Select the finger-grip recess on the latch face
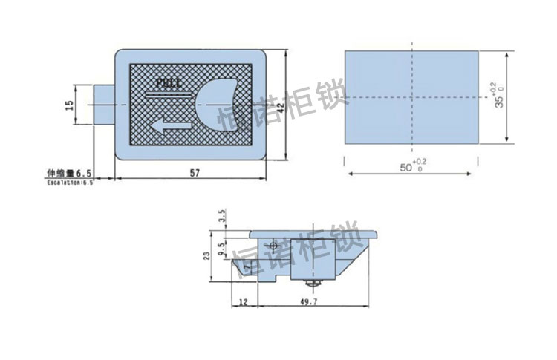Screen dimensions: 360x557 217,104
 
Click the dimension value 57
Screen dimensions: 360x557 194,172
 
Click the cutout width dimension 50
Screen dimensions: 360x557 405,168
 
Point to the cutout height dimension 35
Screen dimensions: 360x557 498,101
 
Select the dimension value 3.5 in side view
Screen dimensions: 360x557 221,216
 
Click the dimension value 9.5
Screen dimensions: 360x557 221,246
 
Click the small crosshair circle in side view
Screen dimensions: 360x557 274,245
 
